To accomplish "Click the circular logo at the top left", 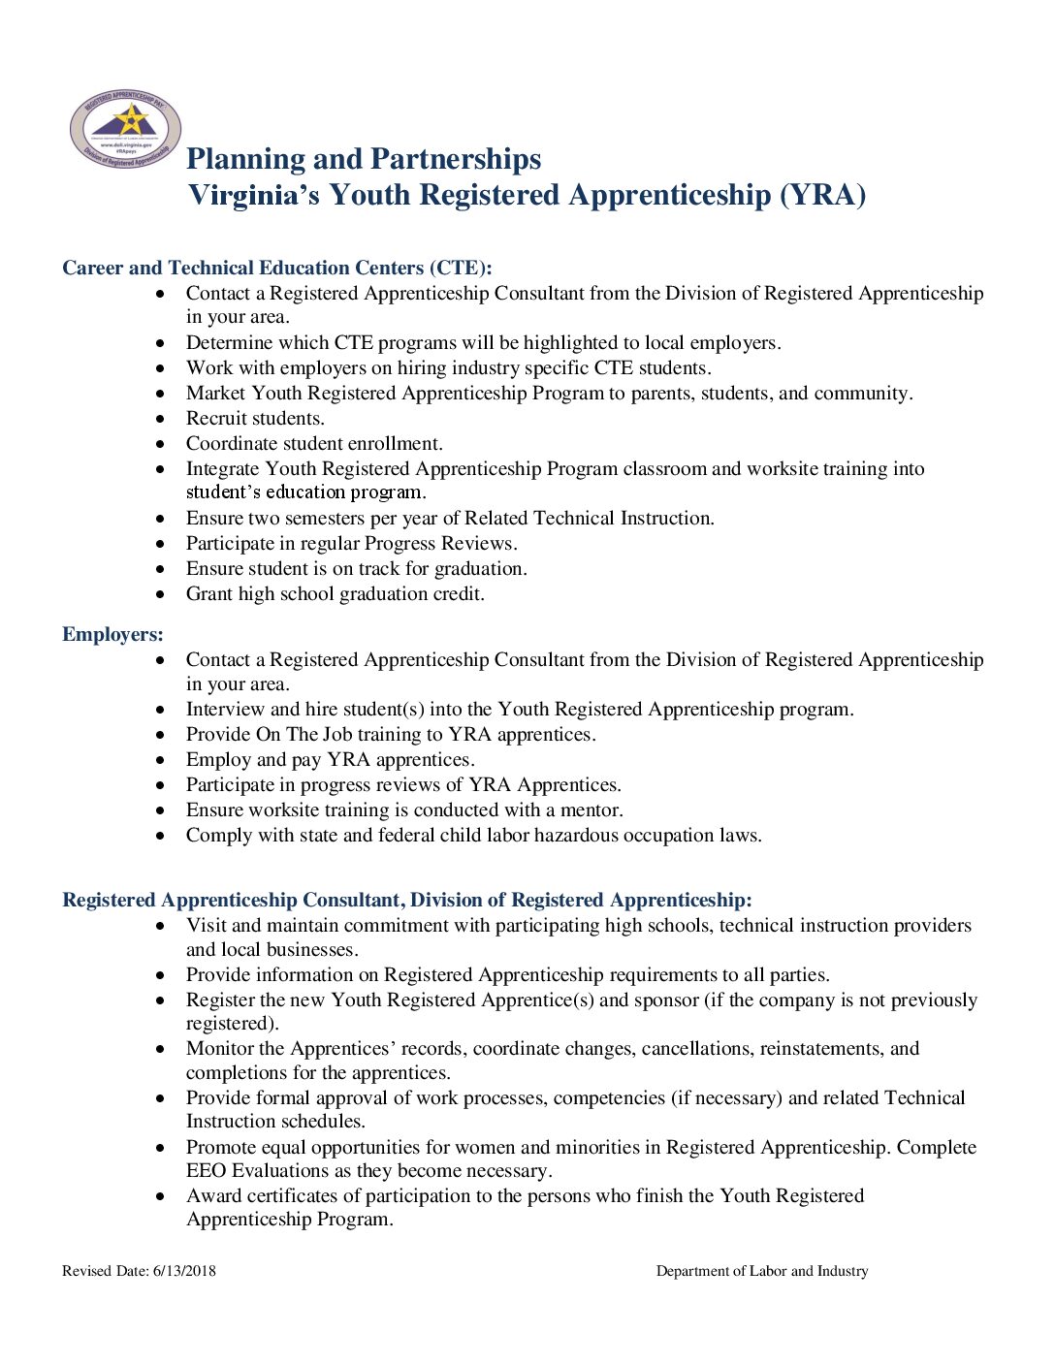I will (125, 128).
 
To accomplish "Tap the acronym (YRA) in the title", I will (822, 195).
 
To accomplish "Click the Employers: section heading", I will (112, 634).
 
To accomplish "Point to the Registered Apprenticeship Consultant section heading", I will (406, 900).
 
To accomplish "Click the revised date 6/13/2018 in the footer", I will (184, 1271).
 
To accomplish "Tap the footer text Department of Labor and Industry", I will (762, 1271).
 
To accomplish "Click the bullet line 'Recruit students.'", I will (255, 418).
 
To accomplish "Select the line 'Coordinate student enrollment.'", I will (314, 443).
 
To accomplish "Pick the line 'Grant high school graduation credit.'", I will (335, 593).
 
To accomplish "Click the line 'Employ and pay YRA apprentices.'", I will (330, 759).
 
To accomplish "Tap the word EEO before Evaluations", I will (207, 1170).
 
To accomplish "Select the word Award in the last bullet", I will (213, 1195).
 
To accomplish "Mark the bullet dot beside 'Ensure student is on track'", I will (161, 569).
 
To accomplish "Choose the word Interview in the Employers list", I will (225, 709).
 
